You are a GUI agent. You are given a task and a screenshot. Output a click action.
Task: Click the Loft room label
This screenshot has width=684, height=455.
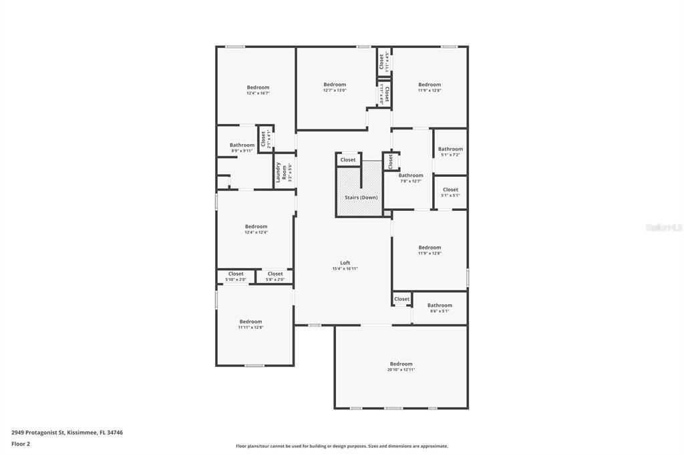(345, 263)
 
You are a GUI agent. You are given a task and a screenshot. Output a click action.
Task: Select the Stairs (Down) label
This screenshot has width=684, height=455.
(361, 197)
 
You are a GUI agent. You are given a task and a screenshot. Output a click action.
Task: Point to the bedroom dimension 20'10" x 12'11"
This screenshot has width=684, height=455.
(401, 370)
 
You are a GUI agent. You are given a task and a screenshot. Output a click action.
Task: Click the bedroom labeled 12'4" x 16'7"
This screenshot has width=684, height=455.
(258, 87)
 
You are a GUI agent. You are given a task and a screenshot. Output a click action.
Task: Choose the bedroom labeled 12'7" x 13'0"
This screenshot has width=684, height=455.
(335, 85)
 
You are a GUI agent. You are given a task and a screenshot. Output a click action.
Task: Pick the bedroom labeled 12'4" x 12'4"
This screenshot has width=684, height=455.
(256, 227)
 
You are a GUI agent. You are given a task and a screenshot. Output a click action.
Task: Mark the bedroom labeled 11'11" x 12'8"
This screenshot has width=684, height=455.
(250, 322)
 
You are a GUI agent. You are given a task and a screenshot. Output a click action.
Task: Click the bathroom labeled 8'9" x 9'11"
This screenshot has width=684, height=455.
(242, 145)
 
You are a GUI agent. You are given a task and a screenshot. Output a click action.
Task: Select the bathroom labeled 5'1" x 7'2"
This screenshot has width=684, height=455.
(450, 149)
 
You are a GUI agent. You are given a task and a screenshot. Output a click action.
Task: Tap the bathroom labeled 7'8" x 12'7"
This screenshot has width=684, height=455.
(411, 176)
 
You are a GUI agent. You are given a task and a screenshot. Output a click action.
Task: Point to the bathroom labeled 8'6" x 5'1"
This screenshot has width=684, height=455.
(440, 306)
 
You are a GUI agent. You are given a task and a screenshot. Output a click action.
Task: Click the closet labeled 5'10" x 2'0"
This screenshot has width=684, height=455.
(236, 274)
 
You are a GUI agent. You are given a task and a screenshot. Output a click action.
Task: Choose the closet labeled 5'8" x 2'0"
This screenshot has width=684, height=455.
(275, 274)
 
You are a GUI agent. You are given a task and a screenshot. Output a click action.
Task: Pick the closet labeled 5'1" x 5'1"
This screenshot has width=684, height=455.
(450, 190)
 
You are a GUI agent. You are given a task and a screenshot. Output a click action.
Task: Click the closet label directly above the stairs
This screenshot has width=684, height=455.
(348, 160)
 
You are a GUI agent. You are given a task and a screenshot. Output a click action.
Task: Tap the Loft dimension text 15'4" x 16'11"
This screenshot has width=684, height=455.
(345, 269)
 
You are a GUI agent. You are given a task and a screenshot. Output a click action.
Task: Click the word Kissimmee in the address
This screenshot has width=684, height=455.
(83, 432)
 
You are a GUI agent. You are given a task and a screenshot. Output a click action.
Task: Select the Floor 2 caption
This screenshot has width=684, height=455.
(21, 444)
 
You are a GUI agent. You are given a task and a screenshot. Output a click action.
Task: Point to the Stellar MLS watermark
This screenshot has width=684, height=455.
(663, 227)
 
